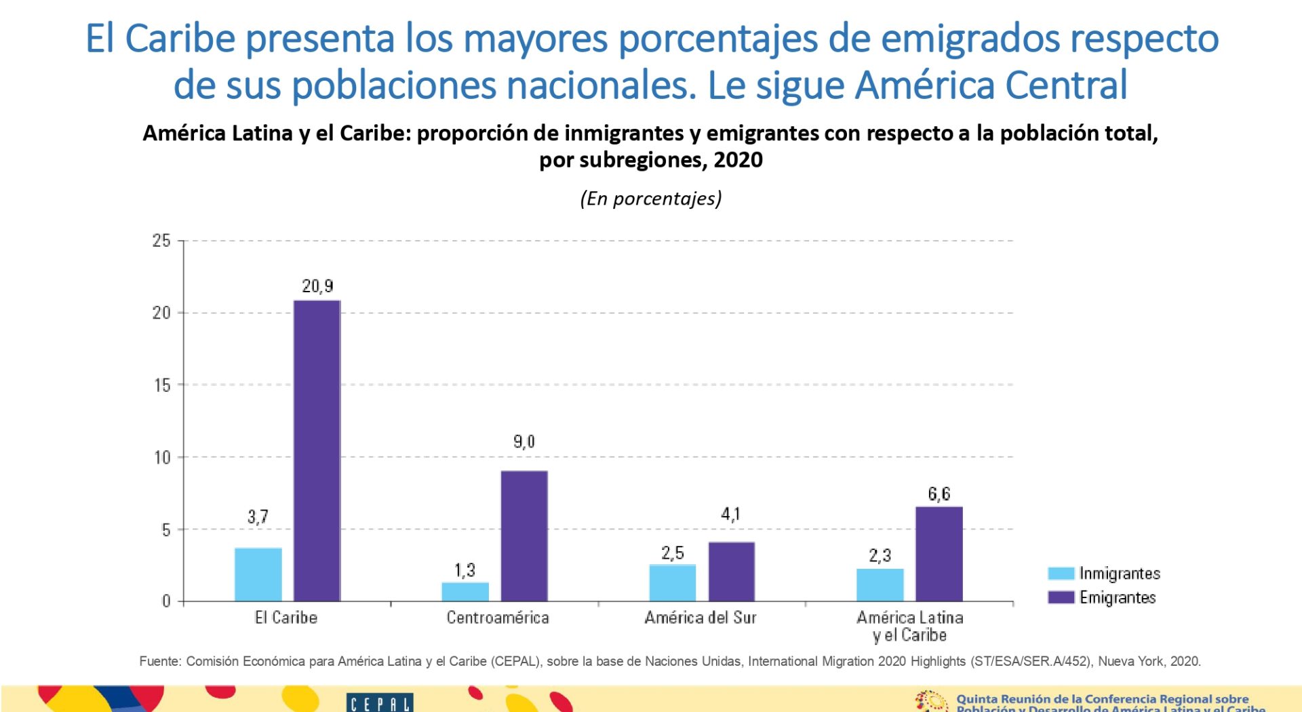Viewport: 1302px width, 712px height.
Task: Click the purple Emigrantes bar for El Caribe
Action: [x=317, y=451]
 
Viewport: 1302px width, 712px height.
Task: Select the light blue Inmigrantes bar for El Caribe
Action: [x=258, y=574]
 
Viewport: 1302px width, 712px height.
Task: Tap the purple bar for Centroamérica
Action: [x=524, y=536]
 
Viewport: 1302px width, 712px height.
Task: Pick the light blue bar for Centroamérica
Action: [x=465, y=591]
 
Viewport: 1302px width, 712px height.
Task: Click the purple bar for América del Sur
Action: [x=731, y=572]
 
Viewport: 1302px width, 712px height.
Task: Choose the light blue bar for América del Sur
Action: [x=673, y=582]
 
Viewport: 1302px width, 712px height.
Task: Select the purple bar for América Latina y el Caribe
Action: [x=939, y=554]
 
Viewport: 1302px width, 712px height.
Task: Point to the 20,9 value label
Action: [x=317, y=286]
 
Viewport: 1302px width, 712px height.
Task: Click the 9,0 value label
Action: [x=524, y=442]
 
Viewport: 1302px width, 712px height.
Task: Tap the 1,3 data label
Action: [x=465, y=570]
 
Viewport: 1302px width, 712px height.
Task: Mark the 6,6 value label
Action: [x=939, y=494]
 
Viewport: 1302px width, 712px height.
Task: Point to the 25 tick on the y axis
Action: [x=161, y=241]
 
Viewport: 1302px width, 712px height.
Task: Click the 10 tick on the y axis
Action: [x=162, y=458]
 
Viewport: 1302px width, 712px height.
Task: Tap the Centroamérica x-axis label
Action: [x=498, y=618]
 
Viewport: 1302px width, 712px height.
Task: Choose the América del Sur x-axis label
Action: [x=701, y=618]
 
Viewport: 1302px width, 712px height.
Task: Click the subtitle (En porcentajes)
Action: [x=651, y=199]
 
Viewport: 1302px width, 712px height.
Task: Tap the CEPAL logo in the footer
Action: [x=380, y=703]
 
